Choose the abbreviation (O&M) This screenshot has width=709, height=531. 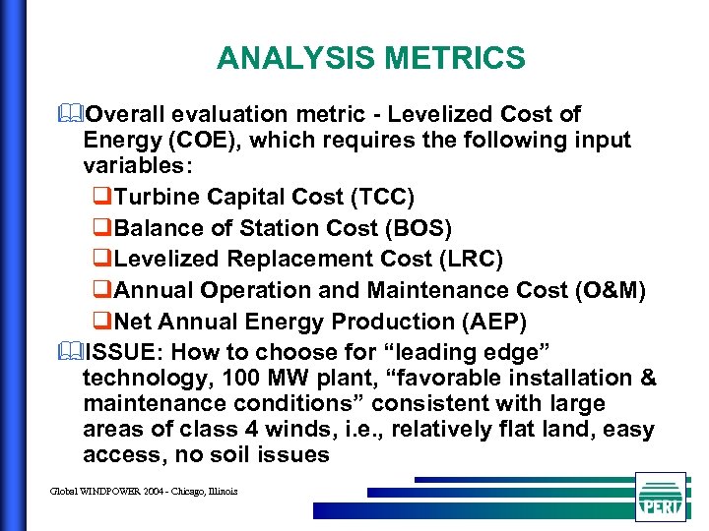pyautogui.click(x=611, y=291)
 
